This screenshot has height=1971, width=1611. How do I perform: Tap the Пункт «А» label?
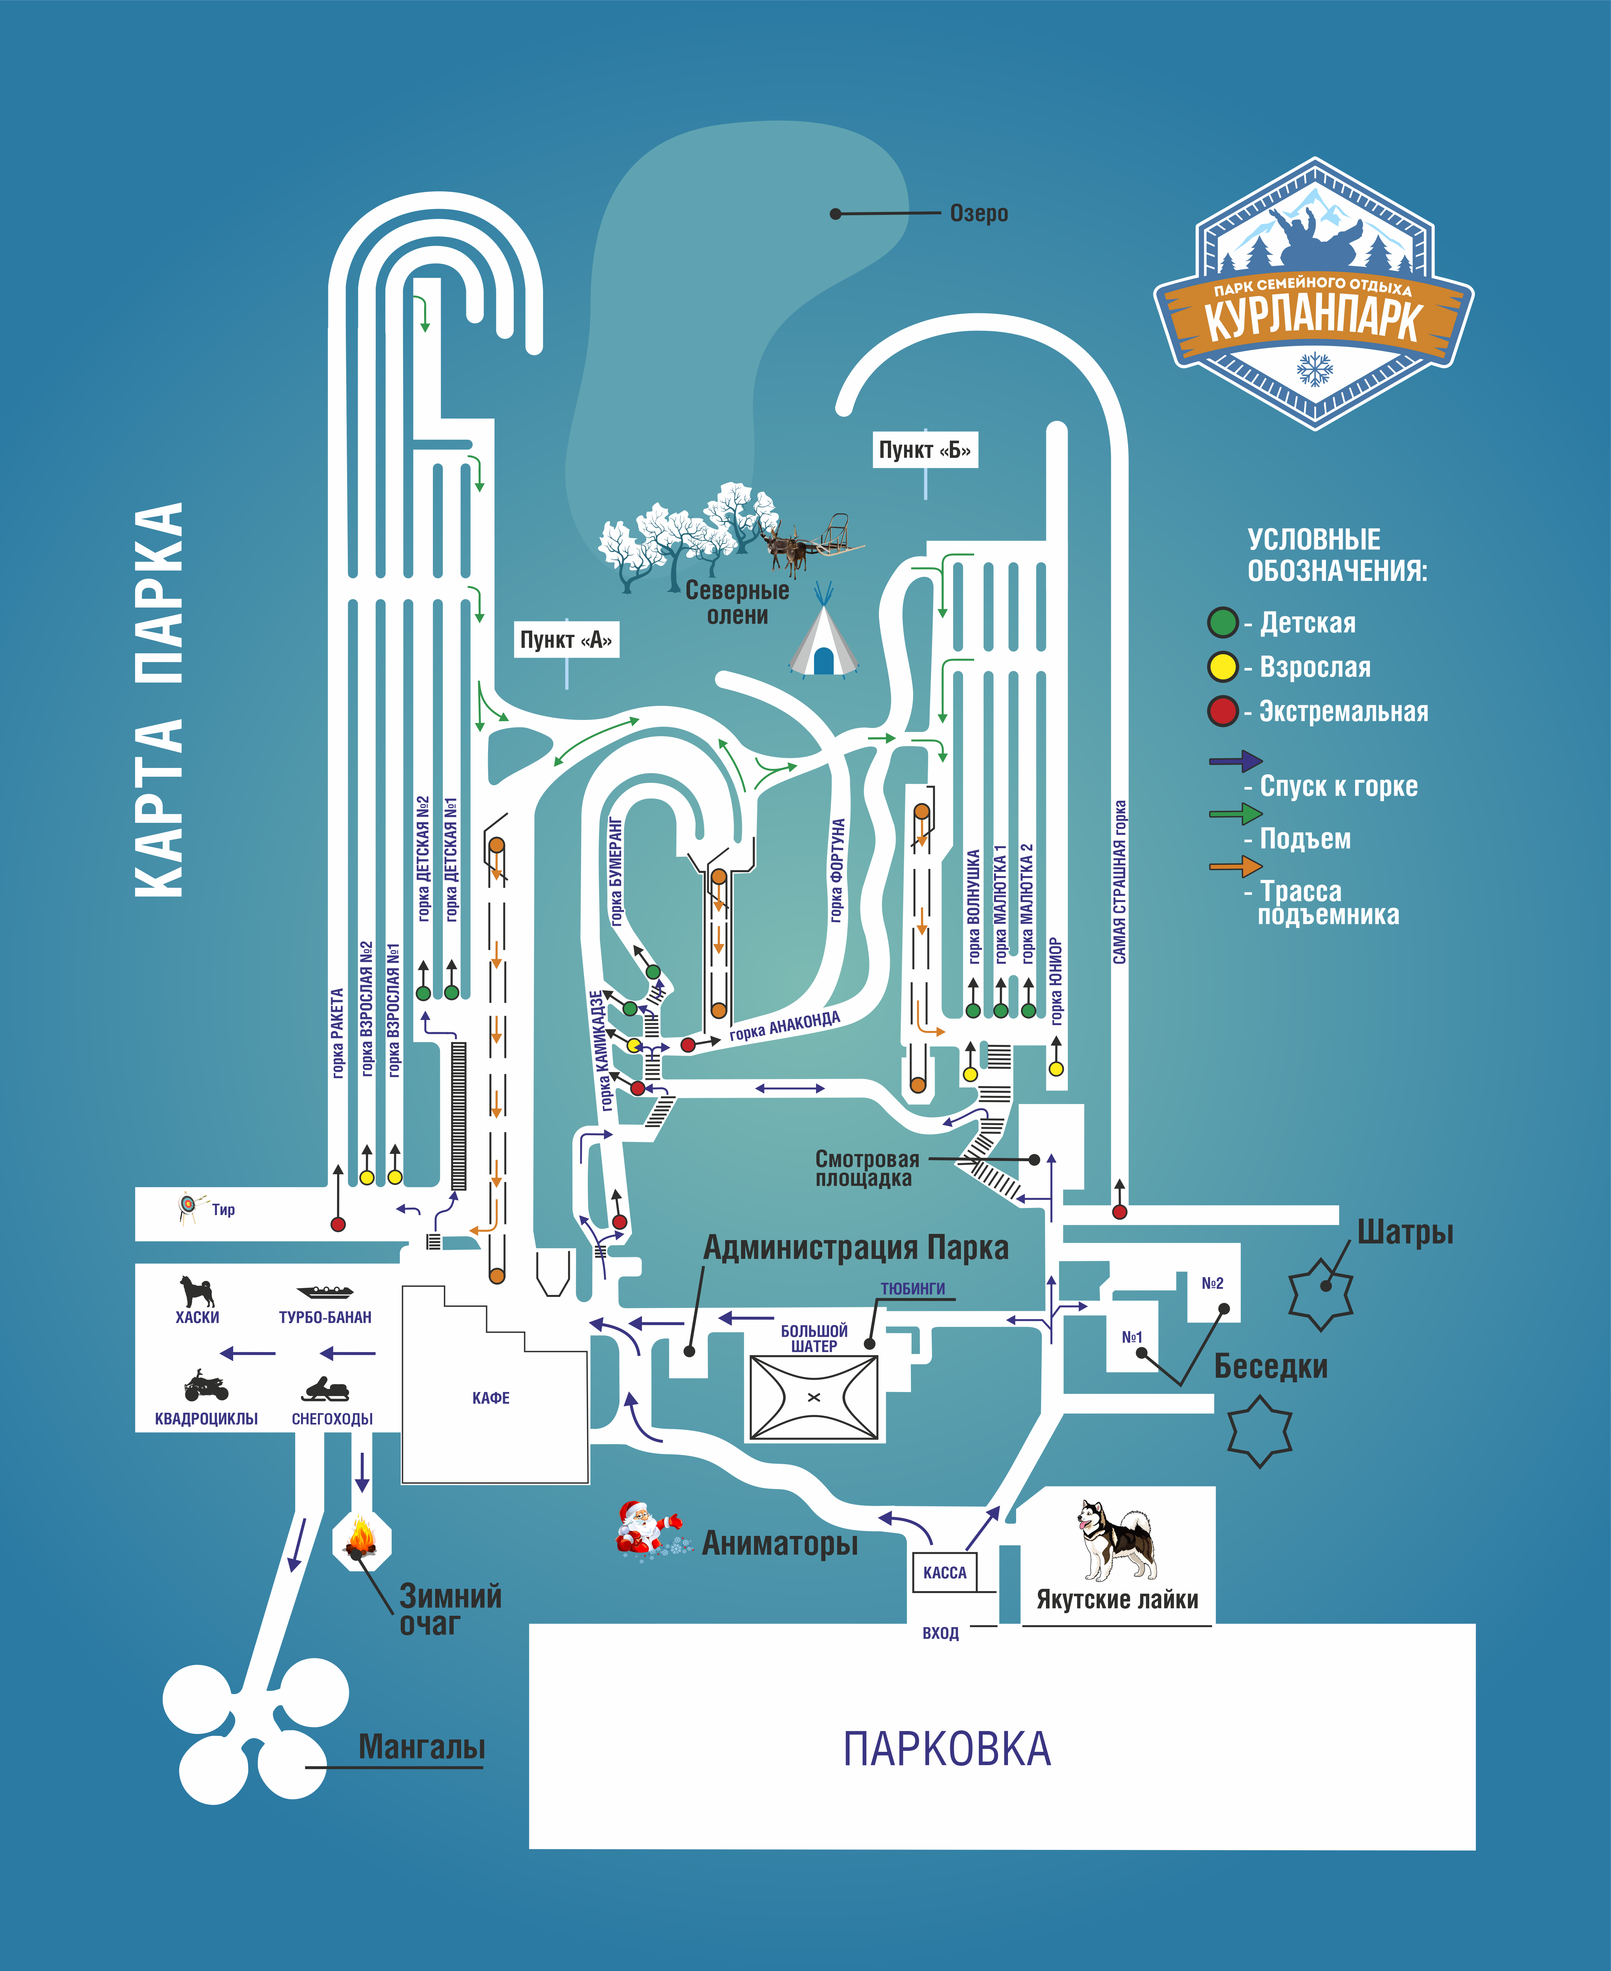point(566,639)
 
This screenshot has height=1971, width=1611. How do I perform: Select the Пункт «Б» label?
point(924,450)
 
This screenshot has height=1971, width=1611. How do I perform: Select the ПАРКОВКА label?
point(947,1749)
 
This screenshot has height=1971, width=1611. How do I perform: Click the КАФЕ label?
point(491,1398)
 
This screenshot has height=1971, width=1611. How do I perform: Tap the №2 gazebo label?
point(1212,1283)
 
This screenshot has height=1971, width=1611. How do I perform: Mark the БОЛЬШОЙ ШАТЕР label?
point(814,1338)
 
